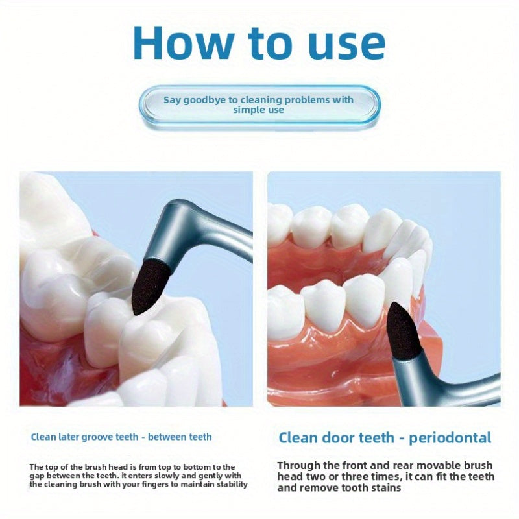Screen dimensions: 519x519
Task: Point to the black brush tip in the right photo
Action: [x=405, y=330]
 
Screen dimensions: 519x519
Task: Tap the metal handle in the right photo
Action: [x=454, y=389]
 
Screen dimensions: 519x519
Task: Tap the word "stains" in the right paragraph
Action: [x=381, y=488]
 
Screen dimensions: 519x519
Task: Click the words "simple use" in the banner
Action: [x=259, y=110]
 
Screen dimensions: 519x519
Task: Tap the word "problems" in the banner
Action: [x=304, y=99]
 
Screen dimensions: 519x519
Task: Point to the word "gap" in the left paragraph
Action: [x=38, y=476]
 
